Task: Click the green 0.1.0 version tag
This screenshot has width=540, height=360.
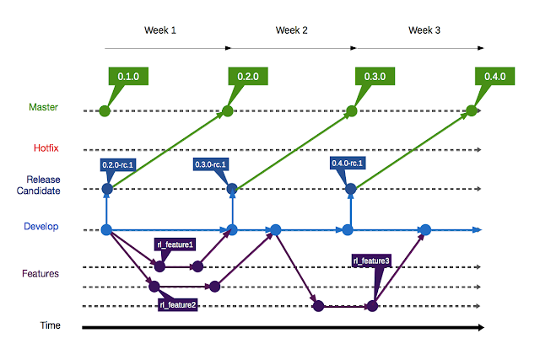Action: [x=128, y=76]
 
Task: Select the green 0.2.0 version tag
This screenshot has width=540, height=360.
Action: [x=248, y=76]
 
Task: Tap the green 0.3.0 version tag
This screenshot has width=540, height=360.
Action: [x=375, y=76]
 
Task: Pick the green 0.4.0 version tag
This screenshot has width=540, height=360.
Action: [x=495, y=76]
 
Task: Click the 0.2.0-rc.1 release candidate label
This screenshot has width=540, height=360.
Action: [x=117, y=165]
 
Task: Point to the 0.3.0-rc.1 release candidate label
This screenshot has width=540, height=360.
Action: [x=210, y=164]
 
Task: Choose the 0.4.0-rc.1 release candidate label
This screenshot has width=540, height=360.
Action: [x=348, y=163]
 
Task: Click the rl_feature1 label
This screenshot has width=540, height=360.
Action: [x=175, y=244]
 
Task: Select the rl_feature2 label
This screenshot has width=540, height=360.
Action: [x=178, y=304]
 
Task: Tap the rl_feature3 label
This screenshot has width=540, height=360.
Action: [x=371, y=261]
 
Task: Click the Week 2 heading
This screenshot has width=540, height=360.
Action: [x=291, y=30]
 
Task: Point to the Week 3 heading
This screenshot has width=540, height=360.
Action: [x=424, y=30]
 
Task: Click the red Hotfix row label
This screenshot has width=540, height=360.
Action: [x=46, y=148]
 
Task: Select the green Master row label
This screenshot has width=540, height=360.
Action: [x=43, y=107]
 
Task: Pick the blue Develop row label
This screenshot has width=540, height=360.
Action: [x=41, y=226]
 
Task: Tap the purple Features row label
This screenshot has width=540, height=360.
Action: [x=40, y=274]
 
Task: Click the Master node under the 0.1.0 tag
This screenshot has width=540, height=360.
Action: [x=105, y=111]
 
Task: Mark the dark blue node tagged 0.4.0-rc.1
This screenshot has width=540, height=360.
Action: [x=351, y=189]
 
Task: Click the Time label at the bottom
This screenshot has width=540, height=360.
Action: [x=51, y=325]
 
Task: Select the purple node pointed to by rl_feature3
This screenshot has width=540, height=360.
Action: [x=372, y=306]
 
